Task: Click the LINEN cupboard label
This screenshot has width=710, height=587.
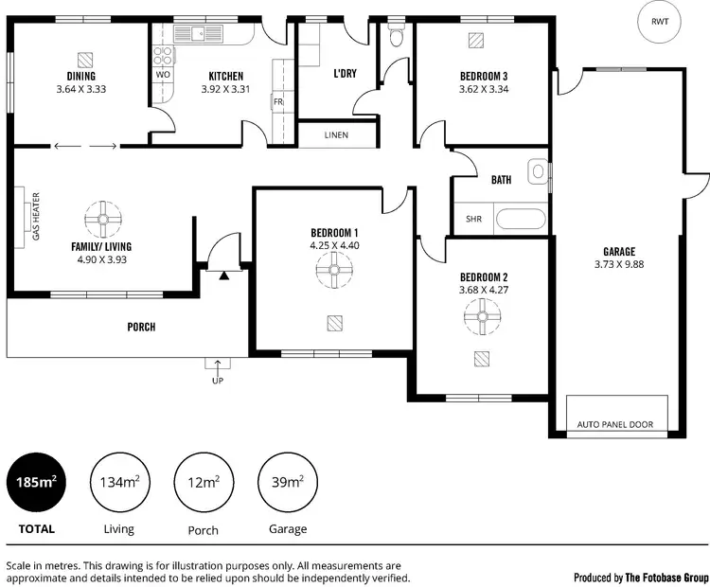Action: pos(336,135)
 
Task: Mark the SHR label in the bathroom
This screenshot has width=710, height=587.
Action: pos(473,219)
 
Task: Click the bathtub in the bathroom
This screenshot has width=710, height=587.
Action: pos(521,220)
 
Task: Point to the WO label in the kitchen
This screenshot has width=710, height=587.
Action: pos(163,74)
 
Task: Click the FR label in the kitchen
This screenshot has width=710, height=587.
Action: pos(278,99)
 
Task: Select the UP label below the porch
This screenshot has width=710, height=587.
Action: pos(218,381)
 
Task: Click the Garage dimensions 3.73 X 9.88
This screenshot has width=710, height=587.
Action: pos(619,264)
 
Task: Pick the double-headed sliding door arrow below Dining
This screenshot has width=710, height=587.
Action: pos(86,146)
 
